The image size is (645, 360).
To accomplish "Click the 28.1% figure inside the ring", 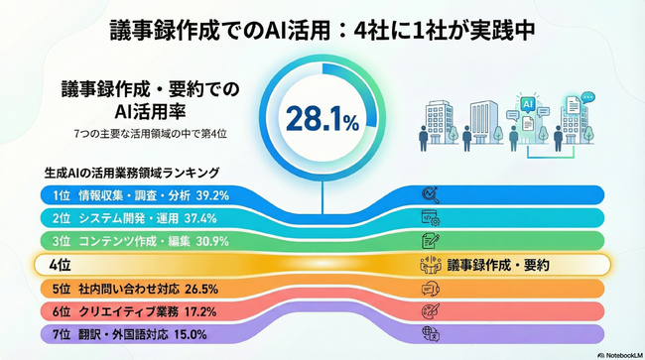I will tap(322, 121).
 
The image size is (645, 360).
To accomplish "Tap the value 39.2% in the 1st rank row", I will tap(214, 195).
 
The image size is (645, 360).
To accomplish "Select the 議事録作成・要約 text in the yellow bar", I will tap(497, 265).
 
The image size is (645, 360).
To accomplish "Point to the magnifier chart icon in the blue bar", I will tap(431, 195).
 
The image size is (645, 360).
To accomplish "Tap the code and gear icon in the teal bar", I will tap(431, 218).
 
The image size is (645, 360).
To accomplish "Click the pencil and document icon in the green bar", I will tap(431, 241).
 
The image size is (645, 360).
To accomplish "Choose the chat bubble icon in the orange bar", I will tap(431, 290).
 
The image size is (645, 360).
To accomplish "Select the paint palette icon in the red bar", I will tap(431, 311).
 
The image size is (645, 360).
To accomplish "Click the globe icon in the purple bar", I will tap(431, 334).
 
